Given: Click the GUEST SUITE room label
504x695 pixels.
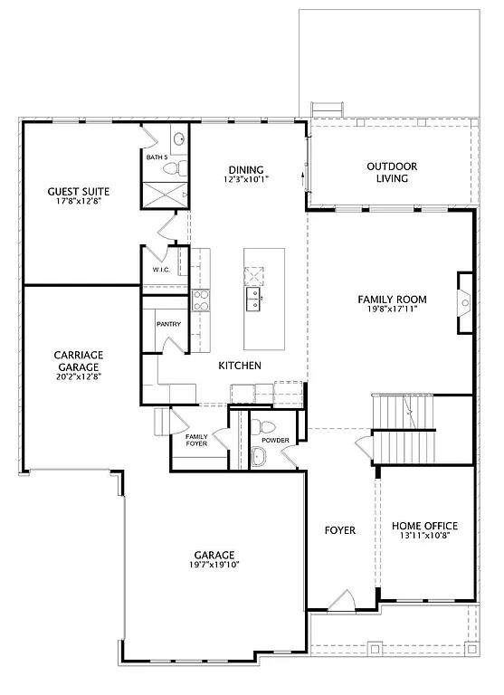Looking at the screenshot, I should tap(79, 191).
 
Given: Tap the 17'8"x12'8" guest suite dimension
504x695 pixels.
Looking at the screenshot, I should tap(79, 202).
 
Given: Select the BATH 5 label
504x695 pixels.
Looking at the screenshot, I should tap(157, 157).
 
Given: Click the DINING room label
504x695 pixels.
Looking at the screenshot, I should tap(246, 169).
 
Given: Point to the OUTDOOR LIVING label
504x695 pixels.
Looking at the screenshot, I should tap(392, 172).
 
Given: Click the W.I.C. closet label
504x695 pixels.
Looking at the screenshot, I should tap(161, 270).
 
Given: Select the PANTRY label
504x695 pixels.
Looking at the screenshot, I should tap(168, 324).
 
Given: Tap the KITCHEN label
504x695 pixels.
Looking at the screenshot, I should tap(240, 366).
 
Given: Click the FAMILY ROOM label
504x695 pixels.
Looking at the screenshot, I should tap(392, 300).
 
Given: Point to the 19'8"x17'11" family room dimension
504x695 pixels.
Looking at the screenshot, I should tap(392, 310).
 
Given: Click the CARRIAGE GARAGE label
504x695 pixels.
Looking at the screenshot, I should tap(78, 360).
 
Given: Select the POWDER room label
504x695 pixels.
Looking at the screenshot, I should tap(275, 441).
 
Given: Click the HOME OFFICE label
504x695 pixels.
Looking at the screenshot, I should tap(424, 526).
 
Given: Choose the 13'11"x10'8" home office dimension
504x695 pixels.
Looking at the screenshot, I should tap(424, 536).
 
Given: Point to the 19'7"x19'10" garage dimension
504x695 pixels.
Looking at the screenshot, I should tap(214, 565).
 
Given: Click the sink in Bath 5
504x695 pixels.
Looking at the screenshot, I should tap(179, 139).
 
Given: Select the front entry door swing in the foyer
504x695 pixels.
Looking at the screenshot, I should tap(341, 600).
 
